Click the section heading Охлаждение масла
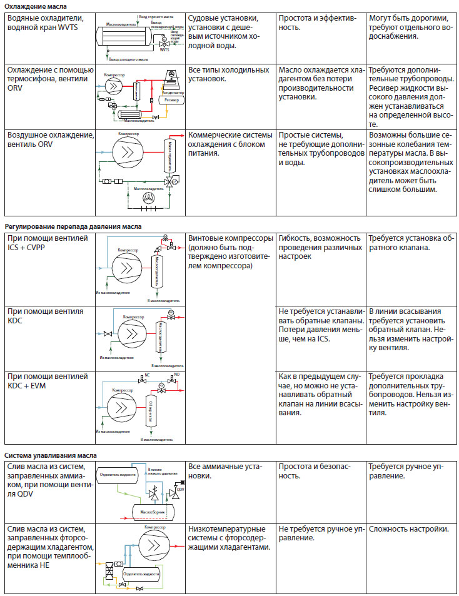[29, 5]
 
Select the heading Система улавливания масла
[50, 455]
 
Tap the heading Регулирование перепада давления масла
[73, 226]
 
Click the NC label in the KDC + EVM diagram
[147, 375]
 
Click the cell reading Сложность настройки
[409, 530]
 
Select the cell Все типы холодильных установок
[225, 74]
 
